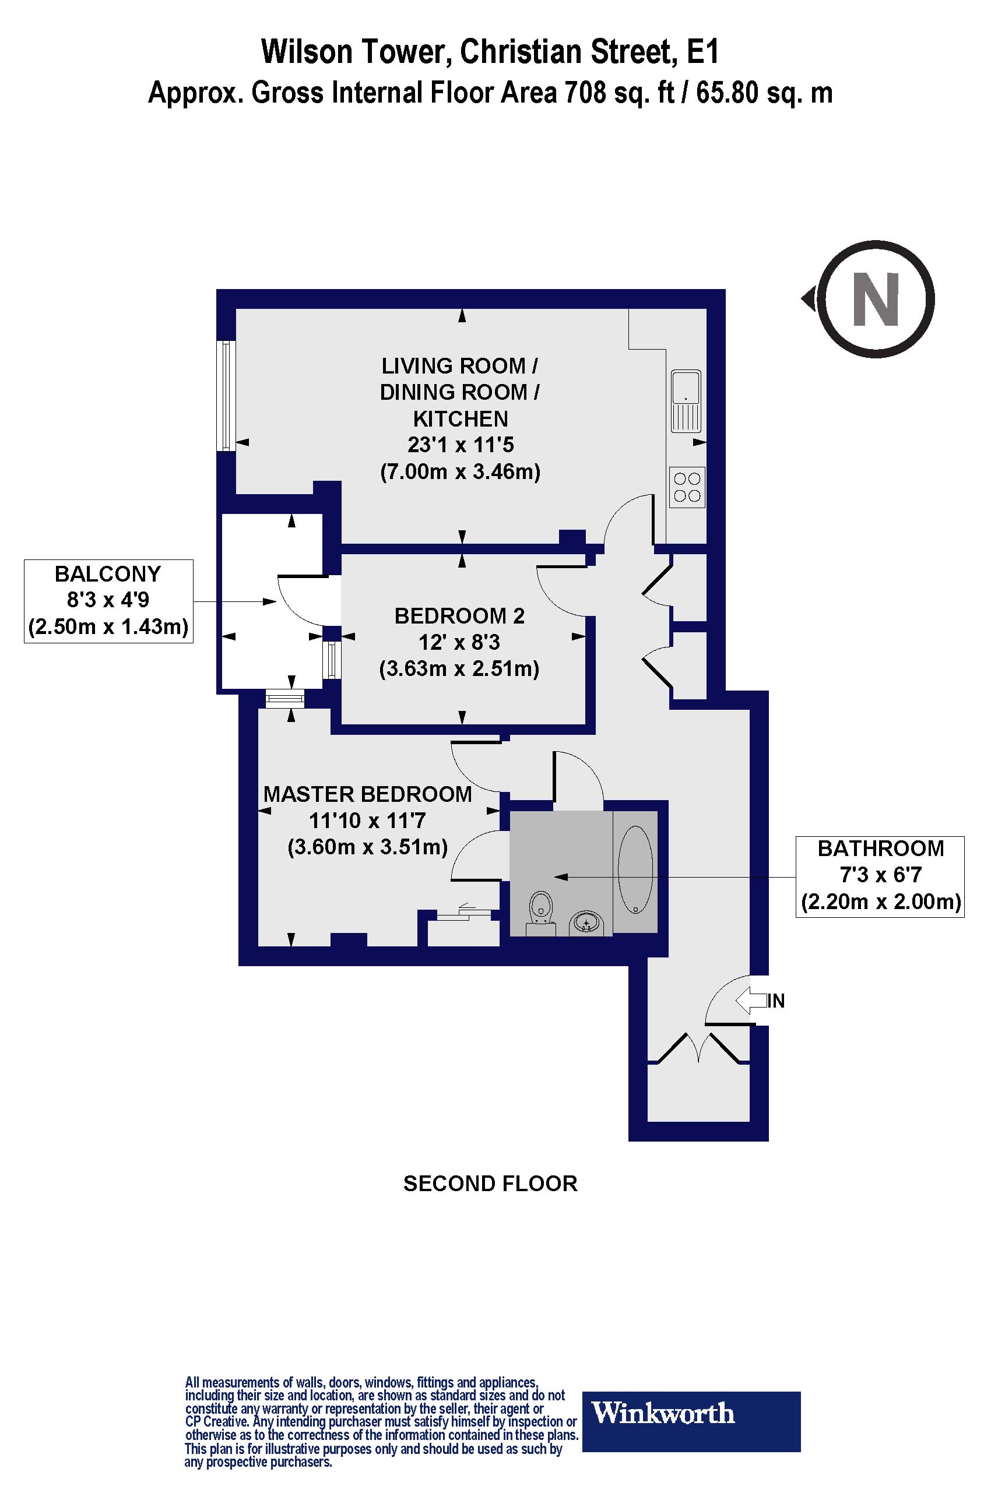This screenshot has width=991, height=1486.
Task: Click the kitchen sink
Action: click(686, 400)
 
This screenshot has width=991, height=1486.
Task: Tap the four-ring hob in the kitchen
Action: click(687, 487)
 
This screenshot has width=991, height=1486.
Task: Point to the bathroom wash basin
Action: click(588, 924)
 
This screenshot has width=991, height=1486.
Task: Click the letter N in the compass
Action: click(876, 299)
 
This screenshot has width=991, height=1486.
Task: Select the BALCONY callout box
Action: click(108, 600)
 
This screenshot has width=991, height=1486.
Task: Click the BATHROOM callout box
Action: click(880, 876)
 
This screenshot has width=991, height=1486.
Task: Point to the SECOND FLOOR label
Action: click(490, 1184)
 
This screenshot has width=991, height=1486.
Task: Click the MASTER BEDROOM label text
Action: click(367, 794)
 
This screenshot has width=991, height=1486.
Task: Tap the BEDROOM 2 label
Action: click(459, 615)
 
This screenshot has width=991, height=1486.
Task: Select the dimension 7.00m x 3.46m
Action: click(460, 472)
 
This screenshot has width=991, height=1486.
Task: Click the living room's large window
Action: click(226, 396)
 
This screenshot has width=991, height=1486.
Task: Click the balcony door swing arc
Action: click(297, 600)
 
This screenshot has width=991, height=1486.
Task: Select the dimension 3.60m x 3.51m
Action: click(367, 847)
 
